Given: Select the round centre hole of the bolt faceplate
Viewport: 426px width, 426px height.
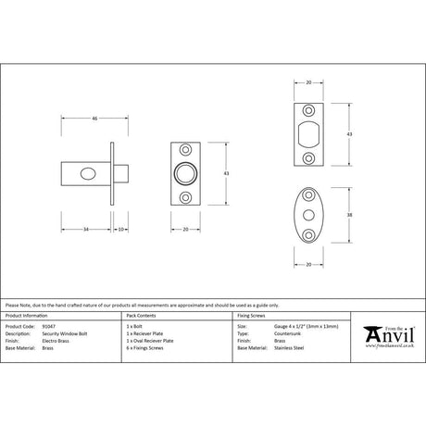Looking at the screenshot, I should coord(186,173).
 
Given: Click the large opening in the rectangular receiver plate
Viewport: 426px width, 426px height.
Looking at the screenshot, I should coord(309,131).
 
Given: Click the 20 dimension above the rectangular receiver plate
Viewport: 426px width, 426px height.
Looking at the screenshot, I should coord(309,82).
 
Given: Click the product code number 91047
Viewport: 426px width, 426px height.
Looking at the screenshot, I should coord(49,326).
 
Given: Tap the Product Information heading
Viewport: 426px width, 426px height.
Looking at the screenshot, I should coord(27,316).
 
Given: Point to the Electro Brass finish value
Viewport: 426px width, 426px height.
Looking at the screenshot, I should coord(57,342).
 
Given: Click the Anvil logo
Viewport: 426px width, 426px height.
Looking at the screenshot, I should coord(385,336).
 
